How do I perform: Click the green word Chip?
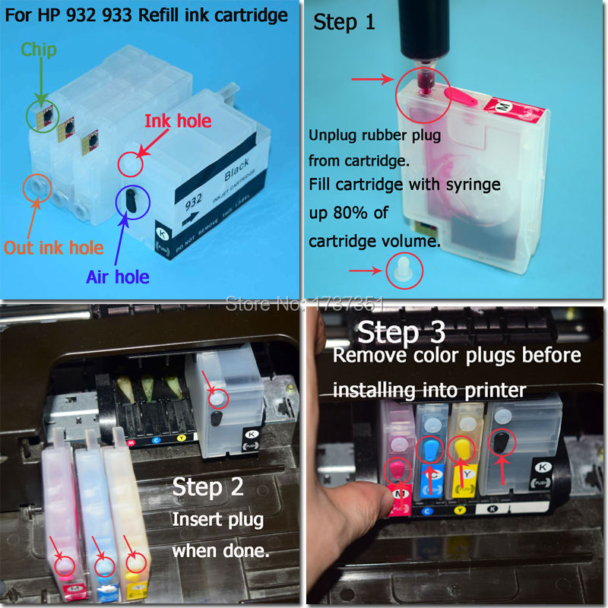point(38,50)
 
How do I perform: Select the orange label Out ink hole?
point(52,247)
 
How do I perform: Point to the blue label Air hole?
point(118,276)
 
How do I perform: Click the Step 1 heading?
point(344,21)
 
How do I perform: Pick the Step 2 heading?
point(207,486)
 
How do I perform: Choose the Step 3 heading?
point(401,332)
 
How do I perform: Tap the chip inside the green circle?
point(43,116)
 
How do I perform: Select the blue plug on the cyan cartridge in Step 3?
point(432,446)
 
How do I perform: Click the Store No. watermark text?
point(304,304)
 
